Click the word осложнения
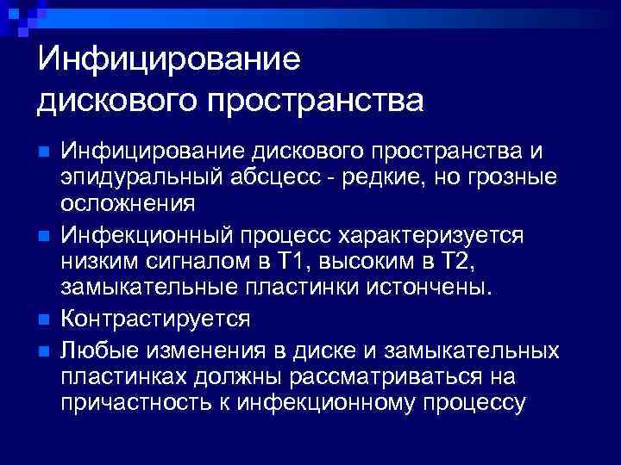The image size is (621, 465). point(128,204)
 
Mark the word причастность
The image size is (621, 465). point(142,402)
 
